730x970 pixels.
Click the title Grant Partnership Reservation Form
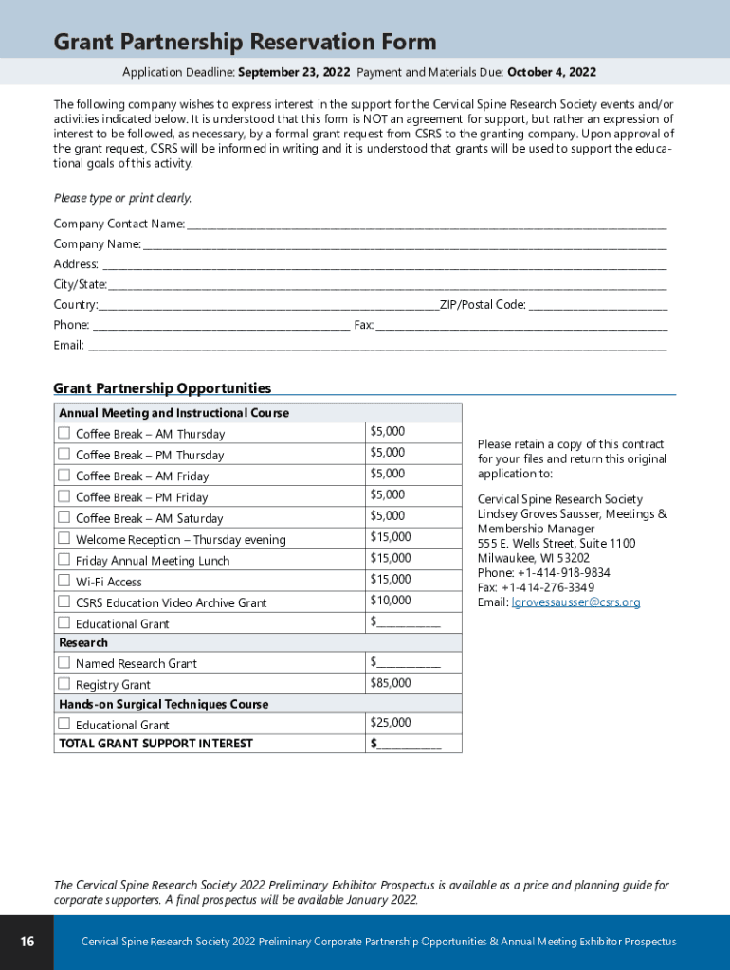pyautogui.click(x=245, y=42)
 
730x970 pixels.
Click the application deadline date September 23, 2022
pyautogui.click(x=294, y=73)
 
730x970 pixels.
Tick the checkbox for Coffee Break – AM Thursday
pyautogui.click(x=64, y=433)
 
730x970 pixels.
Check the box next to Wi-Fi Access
pyautogui.click(x=64, y=581)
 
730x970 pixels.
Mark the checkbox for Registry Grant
pyautogui.click(x=64, y=683)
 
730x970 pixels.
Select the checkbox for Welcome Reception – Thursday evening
pyautogui.click(x=64, y=538)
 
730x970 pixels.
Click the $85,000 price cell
pyautogui.click(x=391, y=683)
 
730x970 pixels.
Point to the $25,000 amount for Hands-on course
pyautogui.click(x=391, y=723)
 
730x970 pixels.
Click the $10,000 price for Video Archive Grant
pyautogui.click(x=391, y=601)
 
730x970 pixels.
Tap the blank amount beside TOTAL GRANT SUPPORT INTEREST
pyautogui.click(x=409, y=745)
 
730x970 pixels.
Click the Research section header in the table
pyautogui.click(x=83, y=643)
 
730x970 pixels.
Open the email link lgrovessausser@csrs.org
pyautogui.click(x=575, y=602)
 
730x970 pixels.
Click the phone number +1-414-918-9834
pyautogui.click(x=563, y=573)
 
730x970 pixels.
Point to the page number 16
pyautogui.click(x=27, y=942)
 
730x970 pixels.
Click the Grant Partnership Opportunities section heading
pyautogui.click(x=162, y=388)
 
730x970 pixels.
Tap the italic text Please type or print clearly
pyautogui.click(x=122, y=198)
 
